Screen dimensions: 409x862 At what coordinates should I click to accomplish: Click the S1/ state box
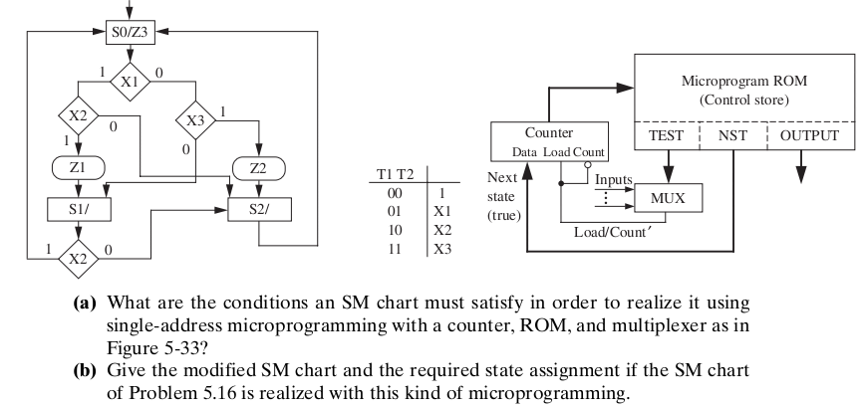[77, 210]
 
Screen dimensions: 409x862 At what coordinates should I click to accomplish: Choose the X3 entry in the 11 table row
[443, 249]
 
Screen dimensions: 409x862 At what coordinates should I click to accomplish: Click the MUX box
[668, 198]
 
